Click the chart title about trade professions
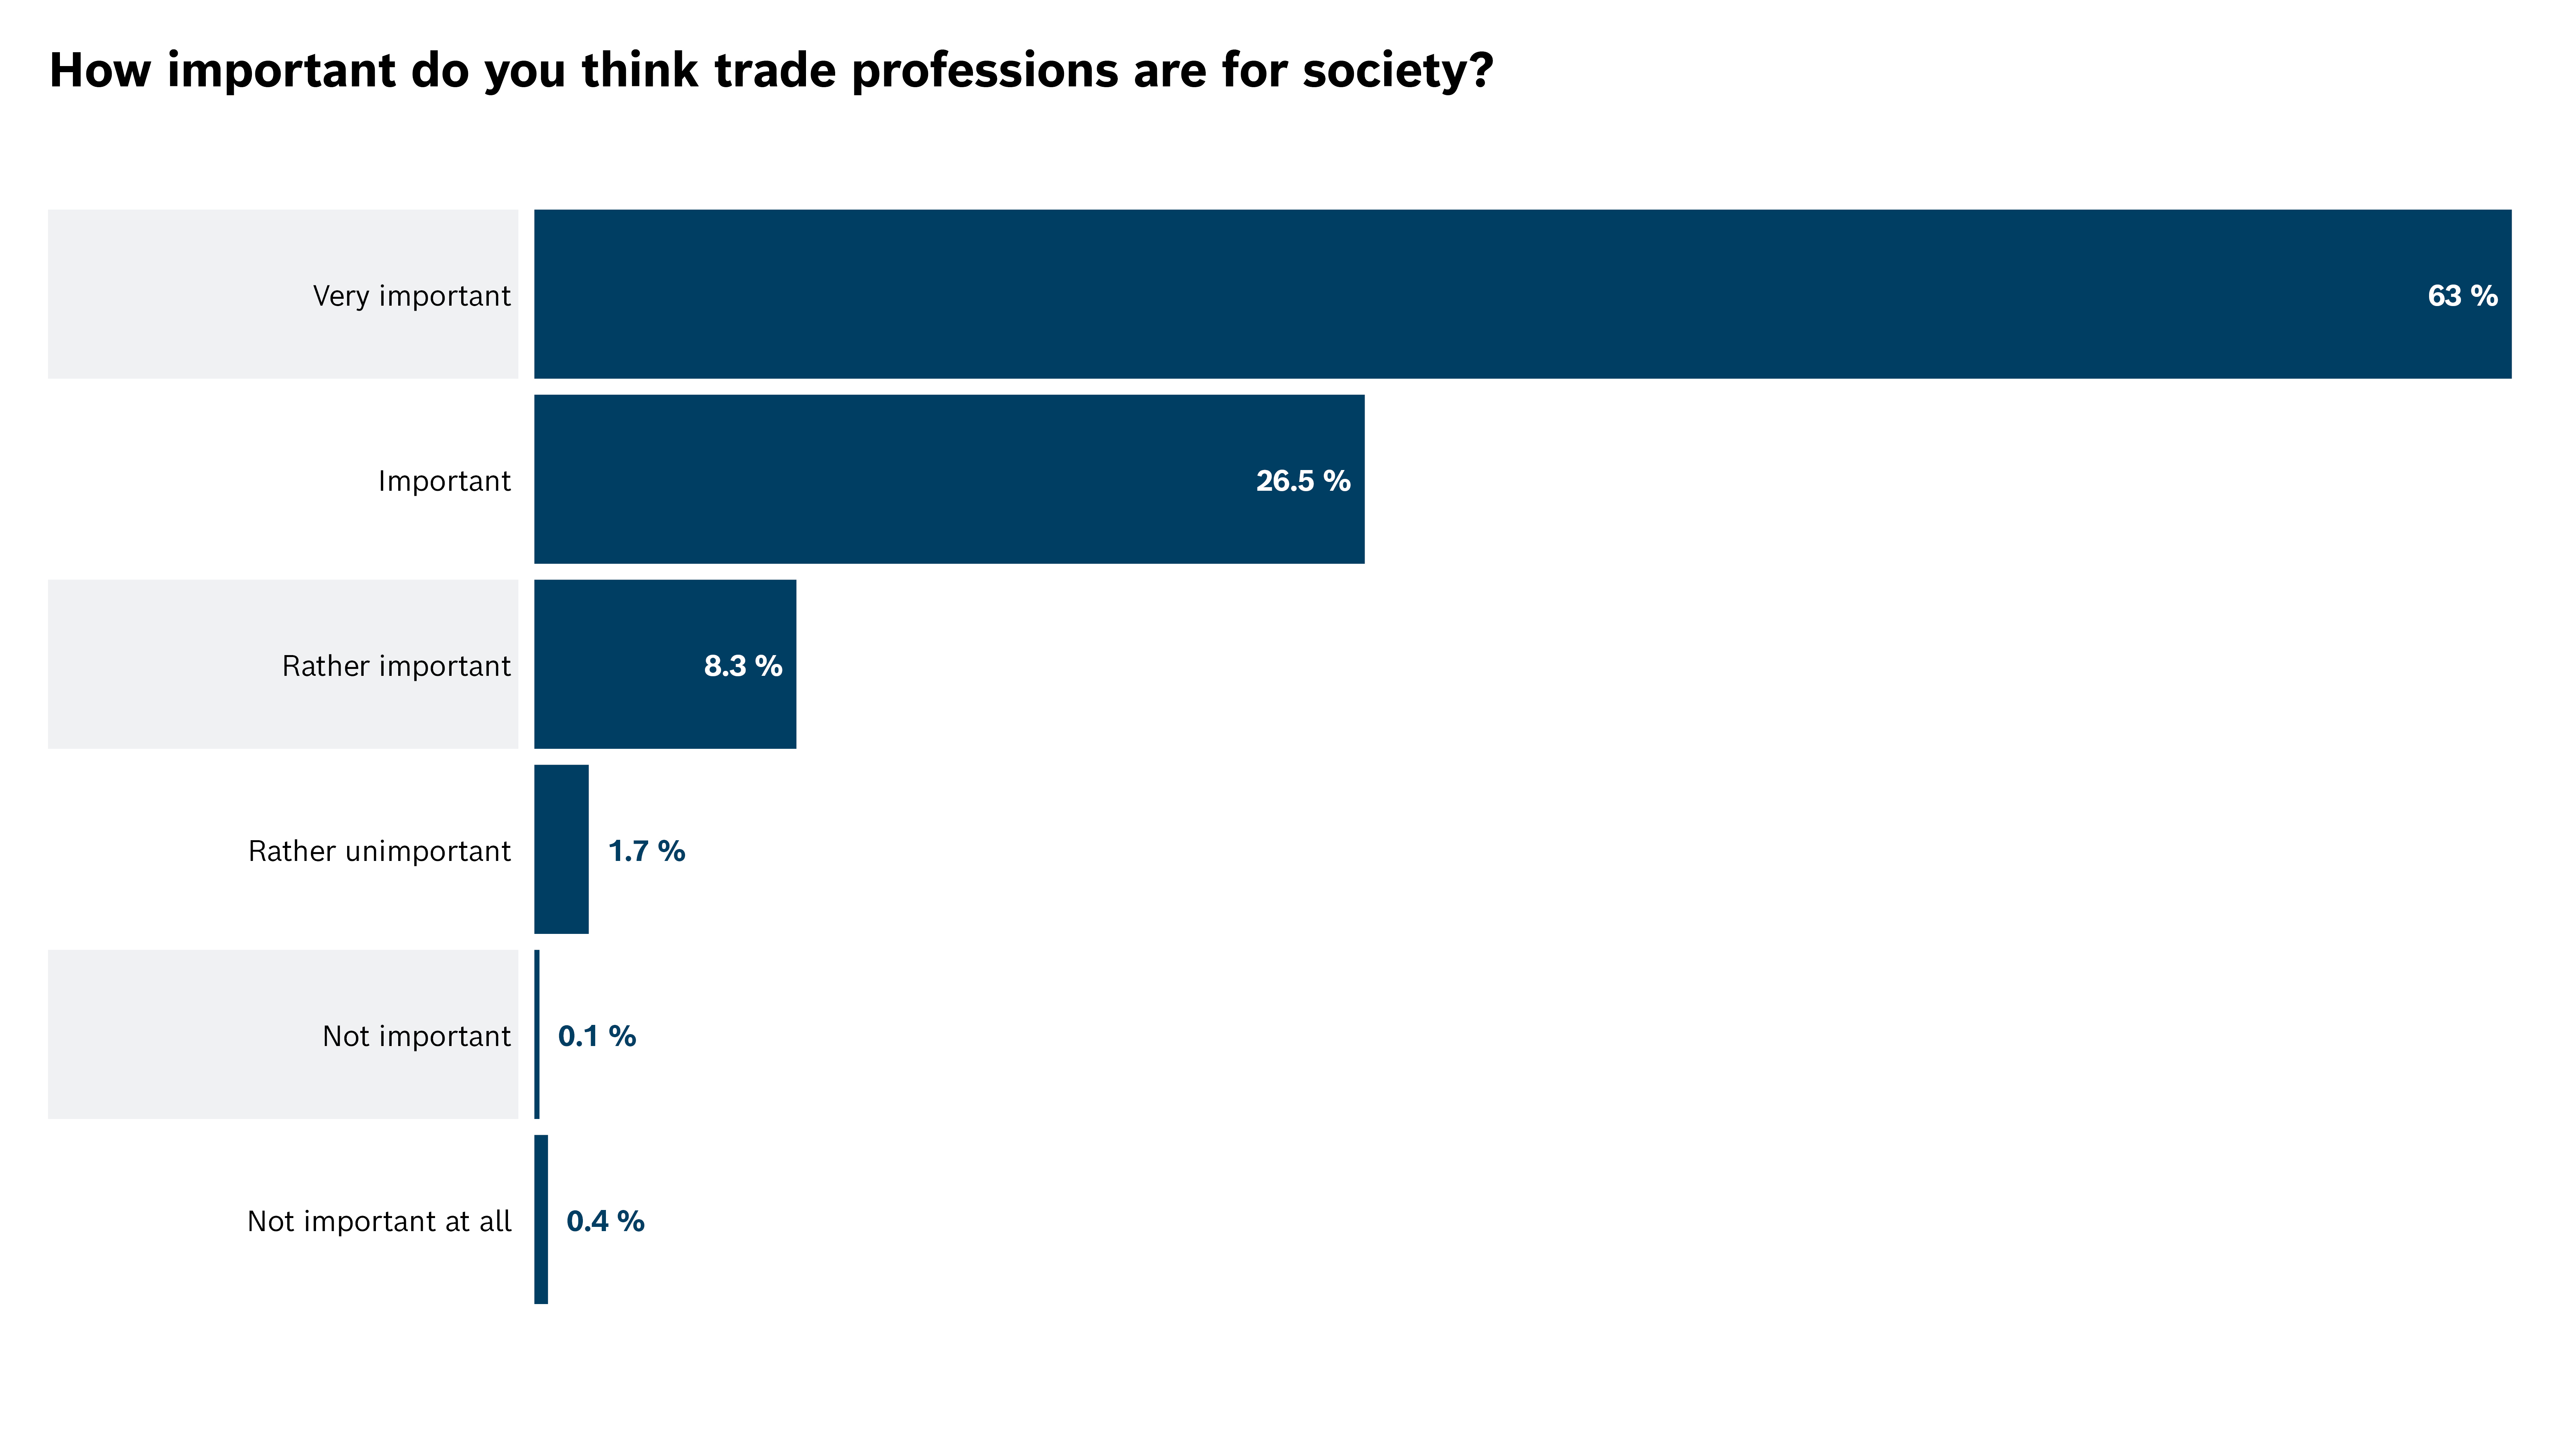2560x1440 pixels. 770,71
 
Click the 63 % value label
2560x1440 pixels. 2462,295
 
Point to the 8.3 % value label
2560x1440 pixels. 742,666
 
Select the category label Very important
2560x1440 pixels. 411,296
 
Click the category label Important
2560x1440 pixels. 444,481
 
